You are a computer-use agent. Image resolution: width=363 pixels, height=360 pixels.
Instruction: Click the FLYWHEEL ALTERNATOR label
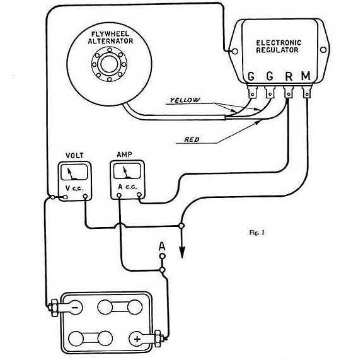point(110,38)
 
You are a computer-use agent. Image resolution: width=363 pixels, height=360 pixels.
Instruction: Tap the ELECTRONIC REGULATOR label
point(279,46)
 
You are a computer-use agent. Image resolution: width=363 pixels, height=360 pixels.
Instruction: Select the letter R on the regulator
point(289,76)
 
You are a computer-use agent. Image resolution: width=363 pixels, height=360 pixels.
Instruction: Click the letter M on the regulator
point(306,76)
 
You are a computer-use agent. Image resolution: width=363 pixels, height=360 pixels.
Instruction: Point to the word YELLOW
point(185,100)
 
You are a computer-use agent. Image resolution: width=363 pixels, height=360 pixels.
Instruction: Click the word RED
point(192,139)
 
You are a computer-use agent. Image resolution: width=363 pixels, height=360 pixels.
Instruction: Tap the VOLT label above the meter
point(74,156)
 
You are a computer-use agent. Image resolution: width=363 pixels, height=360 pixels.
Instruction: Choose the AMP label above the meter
point(125,154)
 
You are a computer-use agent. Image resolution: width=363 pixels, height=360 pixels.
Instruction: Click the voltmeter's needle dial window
point(74,172)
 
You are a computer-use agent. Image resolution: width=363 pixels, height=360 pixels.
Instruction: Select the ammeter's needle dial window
point(127,171)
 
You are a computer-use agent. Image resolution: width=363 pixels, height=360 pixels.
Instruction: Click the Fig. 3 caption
point(256,233)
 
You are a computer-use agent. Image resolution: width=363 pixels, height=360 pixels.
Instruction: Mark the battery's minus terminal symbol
point(75,308)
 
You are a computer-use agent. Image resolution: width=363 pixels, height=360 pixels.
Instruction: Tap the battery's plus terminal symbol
point(137,339)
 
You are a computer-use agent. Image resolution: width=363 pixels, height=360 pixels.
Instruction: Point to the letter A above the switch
point(162,247)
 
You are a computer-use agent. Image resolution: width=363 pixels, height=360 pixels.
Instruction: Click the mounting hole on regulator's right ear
point(323,50)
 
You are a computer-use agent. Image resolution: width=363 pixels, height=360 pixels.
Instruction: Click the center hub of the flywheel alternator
point(109,64)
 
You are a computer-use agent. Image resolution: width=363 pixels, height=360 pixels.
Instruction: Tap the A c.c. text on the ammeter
point(127,187)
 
